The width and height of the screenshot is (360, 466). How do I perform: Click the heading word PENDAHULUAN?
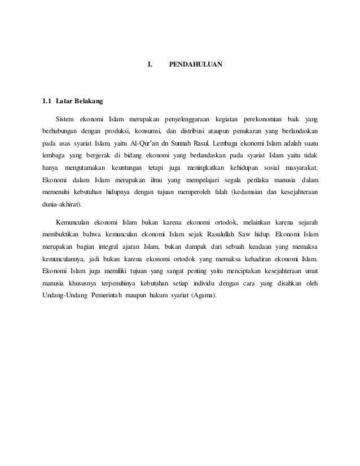pos(196,65)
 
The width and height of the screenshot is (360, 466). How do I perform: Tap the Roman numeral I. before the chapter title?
pos(150,65)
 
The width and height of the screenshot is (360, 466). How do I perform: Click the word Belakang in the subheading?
pos(85,102)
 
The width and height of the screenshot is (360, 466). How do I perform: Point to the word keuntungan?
pos(126,168)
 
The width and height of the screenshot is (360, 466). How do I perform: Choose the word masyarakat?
pos(296,168)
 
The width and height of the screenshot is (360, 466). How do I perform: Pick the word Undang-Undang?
pos(63,296)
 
